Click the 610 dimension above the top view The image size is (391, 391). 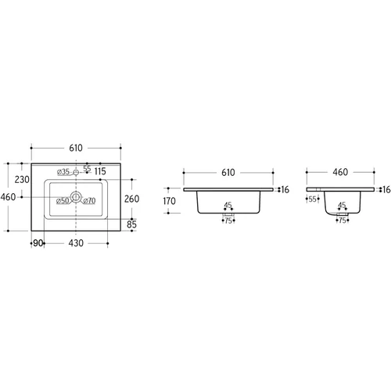coord(76,148)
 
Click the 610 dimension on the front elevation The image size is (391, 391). coord(228,173)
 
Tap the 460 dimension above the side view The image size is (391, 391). coord(340,172)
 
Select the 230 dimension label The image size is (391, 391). coord(22,180)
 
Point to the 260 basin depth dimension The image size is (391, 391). coord(131,199)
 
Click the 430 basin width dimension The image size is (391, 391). coord(76,243)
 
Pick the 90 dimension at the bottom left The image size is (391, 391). coord(38,243)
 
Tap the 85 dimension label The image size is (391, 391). coord(131,224)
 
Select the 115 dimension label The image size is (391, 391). coord(100,171)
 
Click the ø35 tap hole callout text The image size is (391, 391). coord(63,172)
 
